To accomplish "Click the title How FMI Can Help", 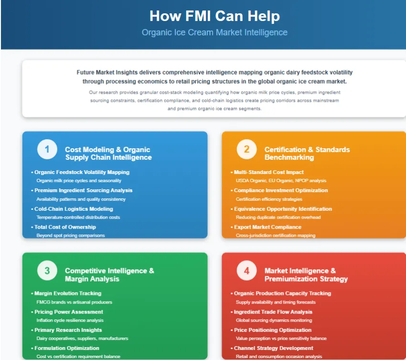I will tap(214, 16).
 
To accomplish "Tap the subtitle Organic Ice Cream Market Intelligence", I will tap(214, 33).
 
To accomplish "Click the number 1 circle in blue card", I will tap(47, 150).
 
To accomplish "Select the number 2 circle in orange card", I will tap(246, 150).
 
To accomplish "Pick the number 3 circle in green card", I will tap(47, 271).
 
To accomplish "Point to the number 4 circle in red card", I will tap(246, 271).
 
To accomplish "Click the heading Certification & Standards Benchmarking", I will tap(307, 153).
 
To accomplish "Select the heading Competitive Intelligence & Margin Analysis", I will tap(109, 274).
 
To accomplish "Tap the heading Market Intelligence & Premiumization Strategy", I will tap(306, 274).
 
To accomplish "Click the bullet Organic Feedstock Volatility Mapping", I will tap(82, 172).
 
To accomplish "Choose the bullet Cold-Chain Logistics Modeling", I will tap(74, 209).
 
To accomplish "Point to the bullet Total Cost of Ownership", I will tap(65, 227).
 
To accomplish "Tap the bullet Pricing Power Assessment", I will tap(68, 312).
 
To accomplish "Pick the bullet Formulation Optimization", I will tap(67, 348).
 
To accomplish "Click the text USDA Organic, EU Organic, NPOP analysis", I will tap(281, 181).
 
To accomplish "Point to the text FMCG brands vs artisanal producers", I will tap(75, 302).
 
